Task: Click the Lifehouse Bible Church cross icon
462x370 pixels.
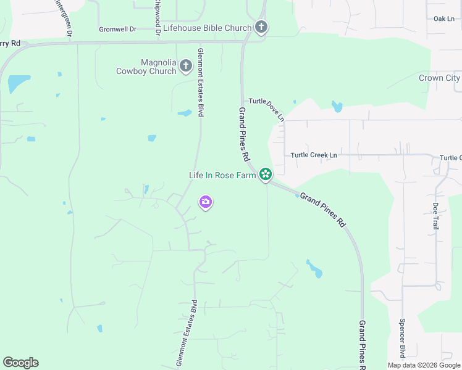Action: (x=261, y=28)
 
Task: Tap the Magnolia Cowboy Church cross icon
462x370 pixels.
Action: (x=186, y=66)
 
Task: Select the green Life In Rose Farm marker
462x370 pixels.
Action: (x=266, y=175)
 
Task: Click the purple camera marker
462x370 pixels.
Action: (x=206, y=202)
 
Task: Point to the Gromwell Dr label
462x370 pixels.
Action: (x=118, y=30)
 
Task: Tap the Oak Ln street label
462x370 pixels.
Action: (x=443, y=18)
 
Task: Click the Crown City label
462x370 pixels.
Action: (x=439, y=78)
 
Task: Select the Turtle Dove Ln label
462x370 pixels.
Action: (x=267, y=109)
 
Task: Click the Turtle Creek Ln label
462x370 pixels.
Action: (x=314, y=155)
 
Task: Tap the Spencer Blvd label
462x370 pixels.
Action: (x=401, y=339)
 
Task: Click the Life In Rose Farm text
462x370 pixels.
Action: (x=222, y=175)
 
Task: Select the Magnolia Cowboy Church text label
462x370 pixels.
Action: (x=146, y=67)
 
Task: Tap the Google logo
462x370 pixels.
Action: (x=20, y=363)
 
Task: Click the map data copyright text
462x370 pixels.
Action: (x=424, y=365)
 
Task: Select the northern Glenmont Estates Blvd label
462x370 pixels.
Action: (x=200, y=83)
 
